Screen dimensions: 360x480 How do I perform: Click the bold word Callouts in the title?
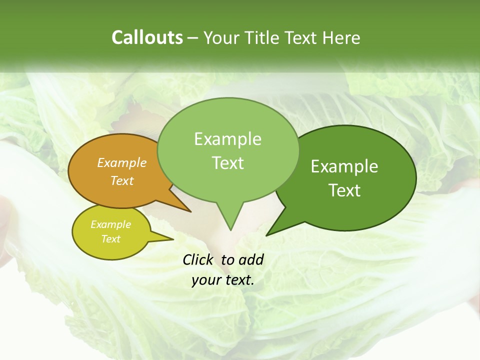click(147, 37)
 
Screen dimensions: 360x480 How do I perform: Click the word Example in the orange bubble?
click(121, 162)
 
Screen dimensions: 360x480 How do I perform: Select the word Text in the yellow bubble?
click(110, 239)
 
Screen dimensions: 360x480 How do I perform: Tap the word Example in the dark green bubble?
click(344, 166)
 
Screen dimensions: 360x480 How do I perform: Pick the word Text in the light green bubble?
click(228, 163)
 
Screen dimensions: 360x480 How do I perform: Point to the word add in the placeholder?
click(250, 259)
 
